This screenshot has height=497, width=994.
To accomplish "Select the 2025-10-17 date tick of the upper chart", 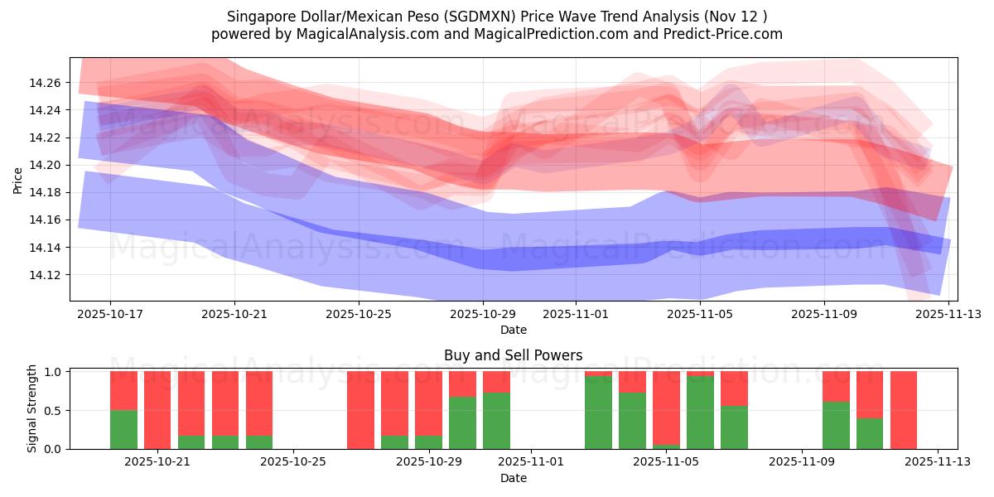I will coord(110,314).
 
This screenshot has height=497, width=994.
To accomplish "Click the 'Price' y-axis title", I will coord(18,179).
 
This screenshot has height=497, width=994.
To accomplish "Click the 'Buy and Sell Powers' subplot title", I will coord(513,355).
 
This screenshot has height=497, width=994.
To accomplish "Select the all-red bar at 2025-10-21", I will coord(157,410).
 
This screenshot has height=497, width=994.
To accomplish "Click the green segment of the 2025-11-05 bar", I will coord(700,413).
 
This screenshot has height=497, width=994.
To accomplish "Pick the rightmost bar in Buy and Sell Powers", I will coord(904,410).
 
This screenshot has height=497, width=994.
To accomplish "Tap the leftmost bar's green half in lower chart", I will coord(123,429).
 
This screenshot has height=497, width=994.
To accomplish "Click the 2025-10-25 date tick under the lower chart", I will coord(294,461).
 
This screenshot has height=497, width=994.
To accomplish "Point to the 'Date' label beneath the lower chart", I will coord(513,478).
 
